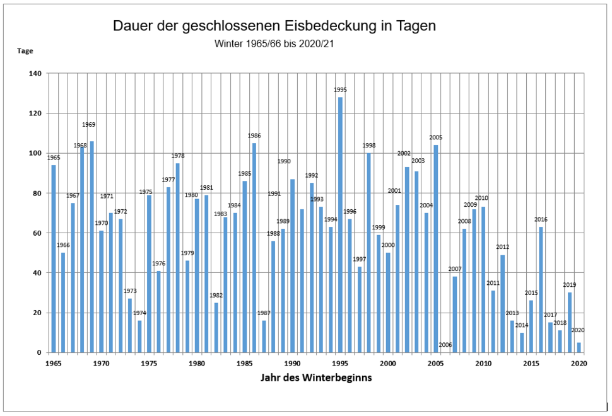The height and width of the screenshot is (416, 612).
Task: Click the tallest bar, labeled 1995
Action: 340,225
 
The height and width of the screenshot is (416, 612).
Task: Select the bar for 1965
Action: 54,259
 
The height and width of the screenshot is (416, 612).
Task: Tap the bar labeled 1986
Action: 254,248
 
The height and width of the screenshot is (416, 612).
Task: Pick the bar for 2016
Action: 541,290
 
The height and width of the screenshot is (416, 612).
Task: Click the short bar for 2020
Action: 579,348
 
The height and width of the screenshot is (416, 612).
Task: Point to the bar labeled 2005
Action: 435,249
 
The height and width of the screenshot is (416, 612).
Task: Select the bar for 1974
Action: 139,337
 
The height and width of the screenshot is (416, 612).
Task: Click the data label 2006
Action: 445,345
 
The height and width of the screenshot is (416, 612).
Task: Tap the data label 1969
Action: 88,125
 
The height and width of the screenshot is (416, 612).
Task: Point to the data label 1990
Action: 284,161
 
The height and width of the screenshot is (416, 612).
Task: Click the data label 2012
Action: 503,247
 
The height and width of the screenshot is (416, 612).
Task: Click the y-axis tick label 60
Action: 37,233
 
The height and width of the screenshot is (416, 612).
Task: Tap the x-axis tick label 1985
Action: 245,363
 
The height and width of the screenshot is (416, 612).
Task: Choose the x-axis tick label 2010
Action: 483,363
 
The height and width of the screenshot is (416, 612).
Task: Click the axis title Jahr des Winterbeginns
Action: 316,378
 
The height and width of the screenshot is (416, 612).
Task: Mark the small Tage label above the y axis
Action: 25,51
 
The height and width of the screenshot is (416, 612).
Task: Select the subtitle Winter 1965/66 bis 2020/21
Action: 274,43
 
